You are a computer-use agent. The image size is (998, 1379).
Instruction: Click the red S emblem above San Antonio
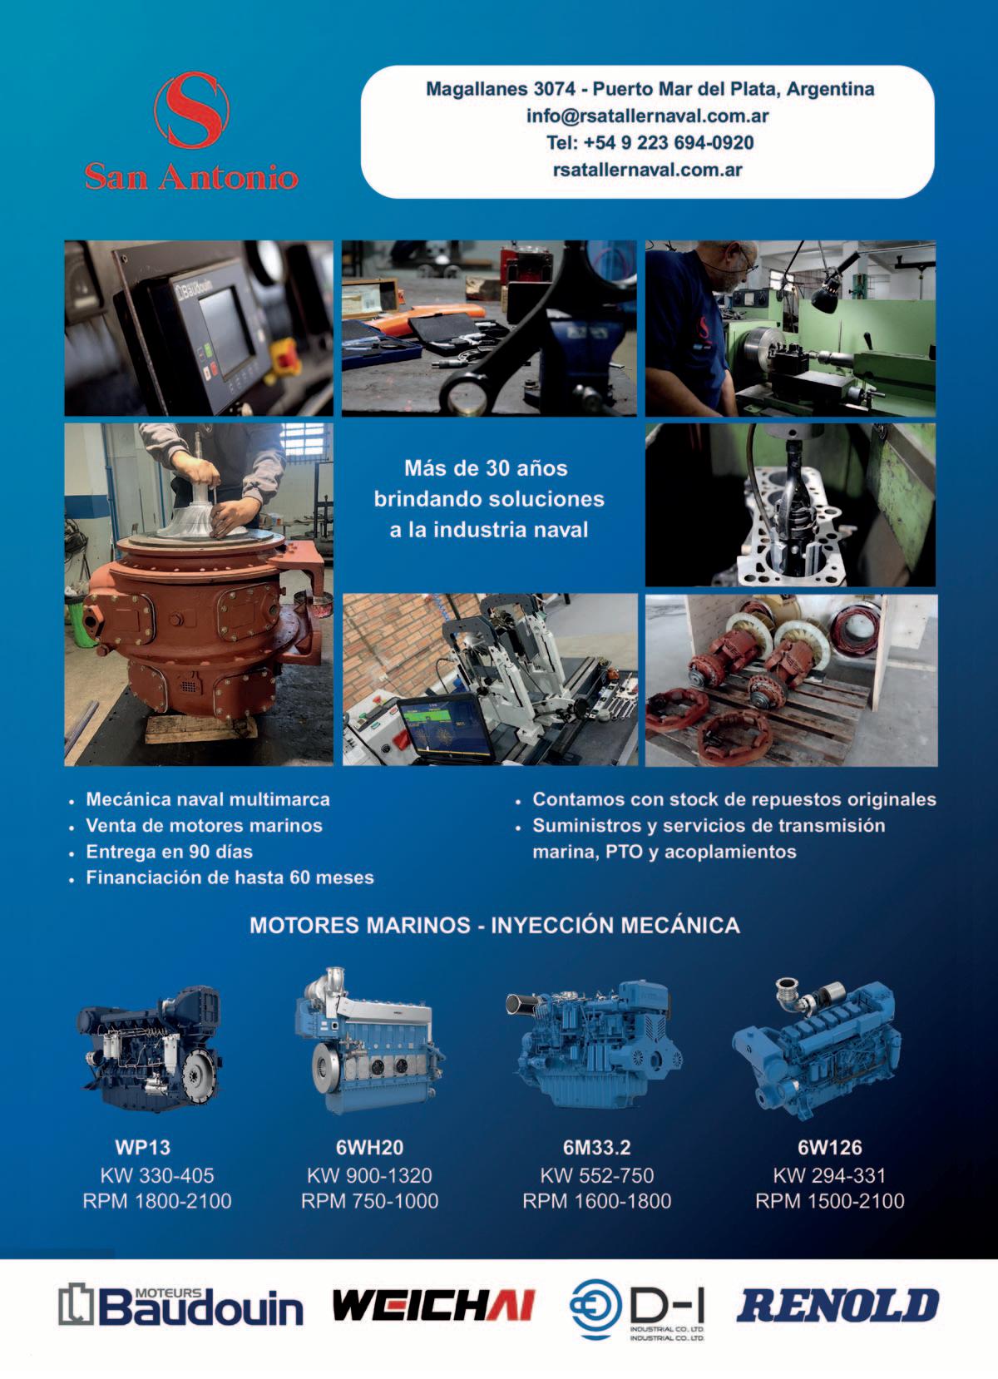[191, 110]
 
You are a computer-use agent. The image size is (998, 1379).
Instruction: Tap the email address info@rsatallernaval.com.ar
[648, 116]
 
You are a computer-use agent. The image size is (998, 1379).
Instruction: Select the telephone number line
[650, 143]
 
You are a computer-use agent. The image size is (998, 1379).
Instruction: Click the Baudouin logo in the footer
[181, 1306]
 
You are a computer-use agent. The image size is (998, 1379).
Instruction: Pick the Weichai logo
[433, 1305]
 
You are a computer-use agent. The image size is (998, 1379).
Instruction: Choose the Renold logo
[837, 1306]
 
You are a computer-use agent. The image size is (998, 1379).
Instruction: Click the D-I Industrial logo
[637, 1307]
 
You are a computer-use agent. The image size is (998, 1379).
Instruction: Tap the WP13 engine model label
[142, 1147]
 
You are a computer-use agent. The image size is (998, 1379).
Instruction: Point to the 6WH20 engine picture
[369, 1041]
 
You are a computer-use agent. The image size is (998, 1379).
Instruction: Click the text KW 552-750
[596, 1175]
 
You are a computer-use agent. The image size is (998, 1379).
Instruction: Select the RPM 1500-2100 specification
[830, 1200]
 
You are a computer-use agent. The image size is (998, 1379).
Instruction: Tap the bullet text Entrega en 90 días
[170, 852]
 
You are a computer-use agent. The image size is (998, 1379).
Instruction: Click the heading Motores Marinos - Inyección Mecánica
[495, 925]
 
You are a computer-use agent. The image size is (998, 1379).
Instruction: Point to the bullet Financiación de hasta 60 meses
[230, 877]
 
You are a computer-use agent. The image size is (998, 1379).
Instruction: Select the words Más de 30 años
[486, 468]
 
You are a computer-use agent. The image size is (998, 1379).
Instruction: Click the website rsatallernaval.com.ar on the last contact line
[648, 170]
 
